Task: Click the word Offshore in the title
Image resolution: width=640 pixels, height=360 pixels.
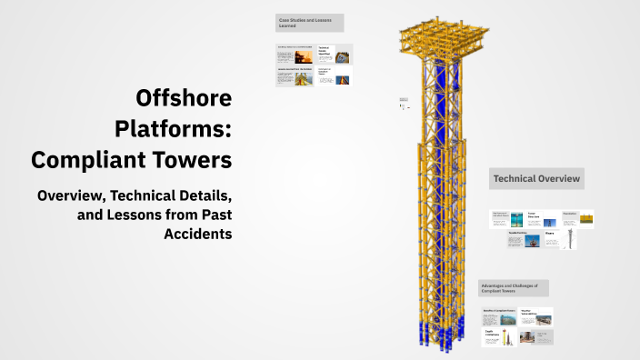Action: (184, 97)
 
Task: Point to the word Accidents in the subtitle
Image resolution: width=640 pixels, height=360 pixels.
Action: (198, 234)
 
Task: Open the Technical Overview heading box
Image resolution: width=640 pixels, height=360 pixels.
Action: (536, 179)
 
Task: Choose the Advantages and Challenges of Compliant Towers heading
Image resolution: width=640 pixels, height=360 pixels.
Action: (513, 288)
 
